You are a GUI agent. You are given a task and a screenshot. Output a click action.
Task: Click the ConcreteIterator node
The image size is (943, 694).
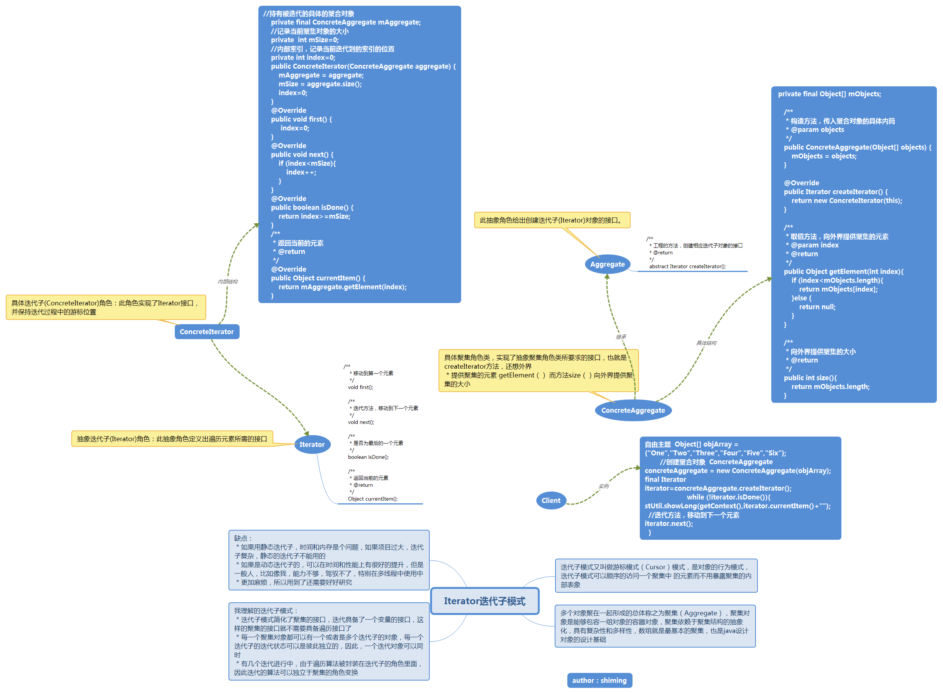click(x=207, y=331)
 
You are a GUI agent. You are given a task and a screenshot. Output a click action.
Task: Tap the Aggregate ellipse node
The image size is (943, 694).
click(x=607, y=264)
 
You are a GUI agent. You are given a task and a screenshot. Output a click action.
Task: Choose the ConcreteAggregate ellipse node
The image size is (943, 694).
click(x=633, y=410)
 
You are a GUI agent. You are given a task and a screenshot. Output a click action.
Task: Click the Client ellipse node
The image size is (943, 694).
click(x=550, y=500)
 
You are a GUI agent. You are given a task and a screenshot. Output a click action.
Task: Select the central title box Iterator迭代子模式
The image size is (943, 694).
click(x=484, y=601)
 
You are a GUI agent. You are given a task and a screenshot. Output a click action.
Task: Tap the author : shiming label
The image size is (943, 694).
click(x=599, y=680)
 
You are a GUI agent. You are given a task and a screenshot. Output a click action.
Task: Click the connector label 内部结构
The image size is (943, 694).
click(x=227, y=282)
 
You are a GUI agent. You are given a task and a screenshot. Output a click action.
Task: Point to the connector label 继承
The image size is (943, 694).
click(x=621, y=336)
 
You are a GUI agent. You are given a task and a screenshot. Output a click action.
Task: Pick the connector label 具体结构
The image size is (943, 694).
click(x=706, y=343)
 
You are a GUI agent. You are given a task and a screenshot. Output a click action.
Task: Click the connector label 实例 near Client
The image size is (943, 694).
click(x=603, y=486)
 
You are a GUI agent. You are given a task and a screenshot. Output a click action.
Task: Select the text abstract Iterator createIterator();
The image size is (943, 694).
click(x=687, y=266)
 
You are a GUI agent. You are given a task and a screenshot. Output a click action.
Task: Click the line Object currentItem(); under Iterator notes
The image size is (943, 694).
click(x=372, y=499)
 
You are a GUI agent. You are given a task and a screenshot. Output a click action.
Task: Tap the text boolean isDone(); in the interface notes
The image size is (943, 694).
click(x=368, y=457)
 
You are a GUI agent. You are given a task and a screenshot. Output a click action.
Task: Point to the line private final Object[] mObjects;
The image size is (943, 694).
click(x=829, y=94)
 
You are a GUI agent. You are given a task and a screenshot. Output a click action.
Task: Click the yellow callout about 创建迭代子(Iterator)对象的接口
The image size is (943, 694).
click(x=552, y=220)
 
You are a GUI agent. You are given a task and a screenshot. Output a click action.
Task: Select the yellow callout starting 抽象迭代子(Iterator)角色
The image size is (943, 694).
click(x=172, y=438)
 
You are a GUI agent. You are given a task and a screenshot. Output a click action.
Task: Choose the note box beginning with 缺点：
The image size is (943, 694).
click(x=329, y=560)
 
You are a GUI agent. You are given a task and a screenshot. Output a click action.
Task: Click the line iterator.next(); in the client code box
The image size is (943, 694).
click(x=669, y=523)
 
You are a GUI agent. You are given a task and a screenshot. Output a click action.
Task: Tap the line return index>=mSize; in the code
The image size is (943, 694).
click(x=314, y=216)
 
